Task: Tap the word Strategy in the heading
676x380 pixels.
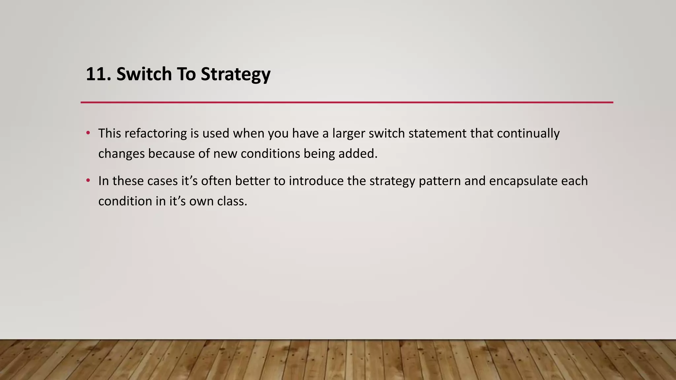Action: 235,75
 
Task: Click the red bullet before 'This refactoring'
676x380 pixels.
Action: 88,133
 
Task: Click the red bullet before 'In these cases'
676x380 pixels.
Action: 88,180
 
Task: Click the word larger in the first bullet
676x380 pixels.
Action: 349,134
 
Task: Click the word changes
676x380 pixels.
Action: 121,154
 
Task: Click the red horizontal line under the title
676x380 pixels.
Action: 347,102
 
